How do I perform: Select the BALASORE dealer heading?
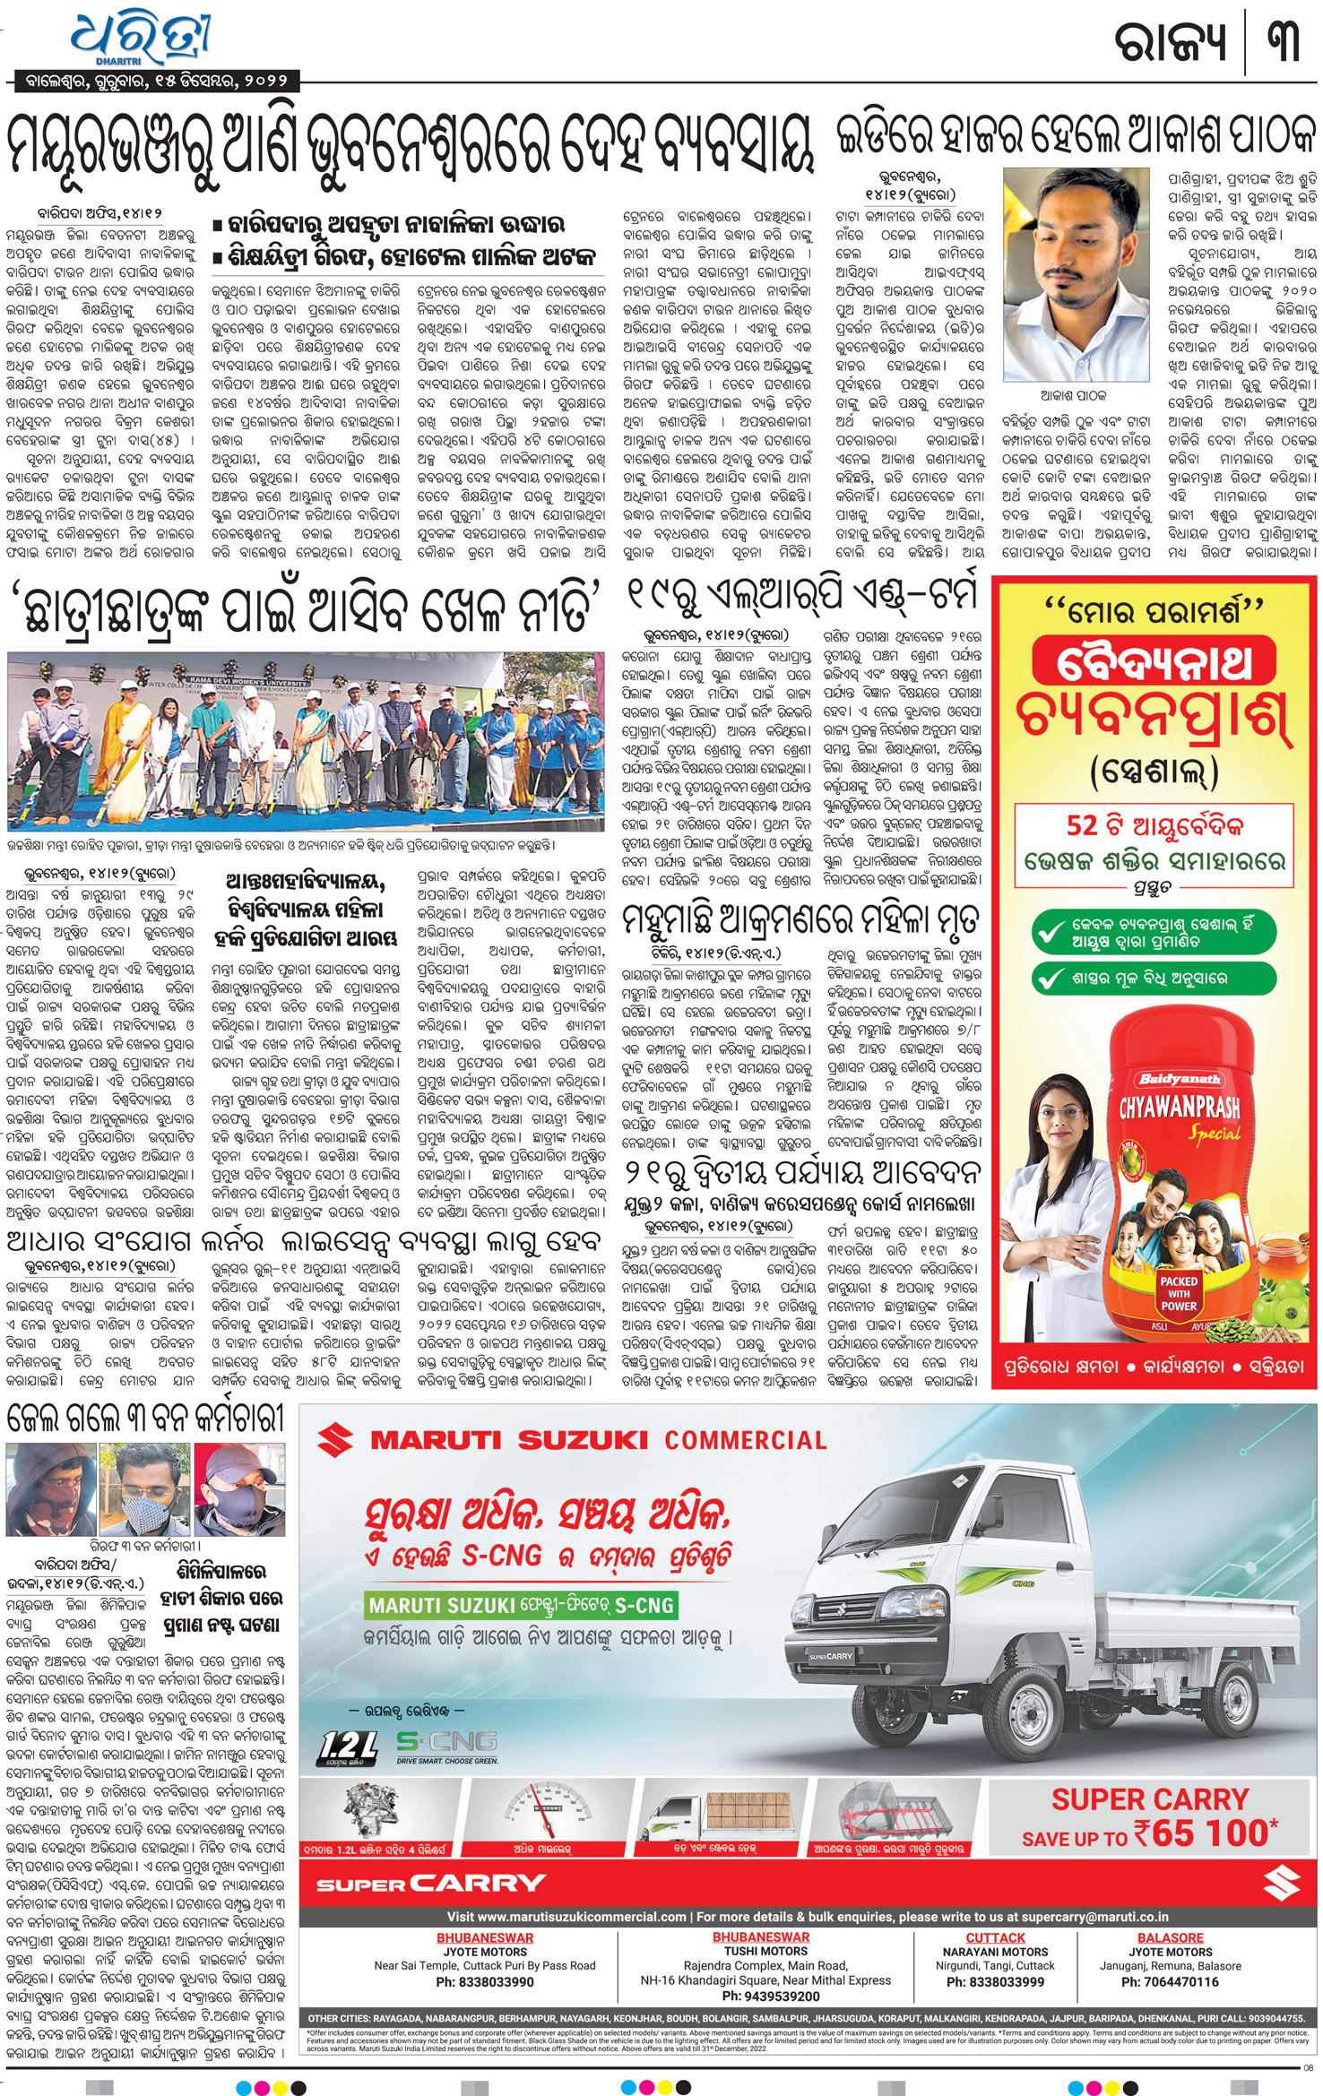pyautogui.click(x=1170, y=1937)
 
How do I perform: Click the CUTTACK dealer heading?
pyautogui.click(x=995, y=1937)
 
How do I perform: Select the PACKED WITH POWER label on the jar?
pyautogui.click(x=1179, y=1293)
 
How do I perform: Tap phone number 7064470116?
pyautogui.click(x=1170, y=1981)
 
